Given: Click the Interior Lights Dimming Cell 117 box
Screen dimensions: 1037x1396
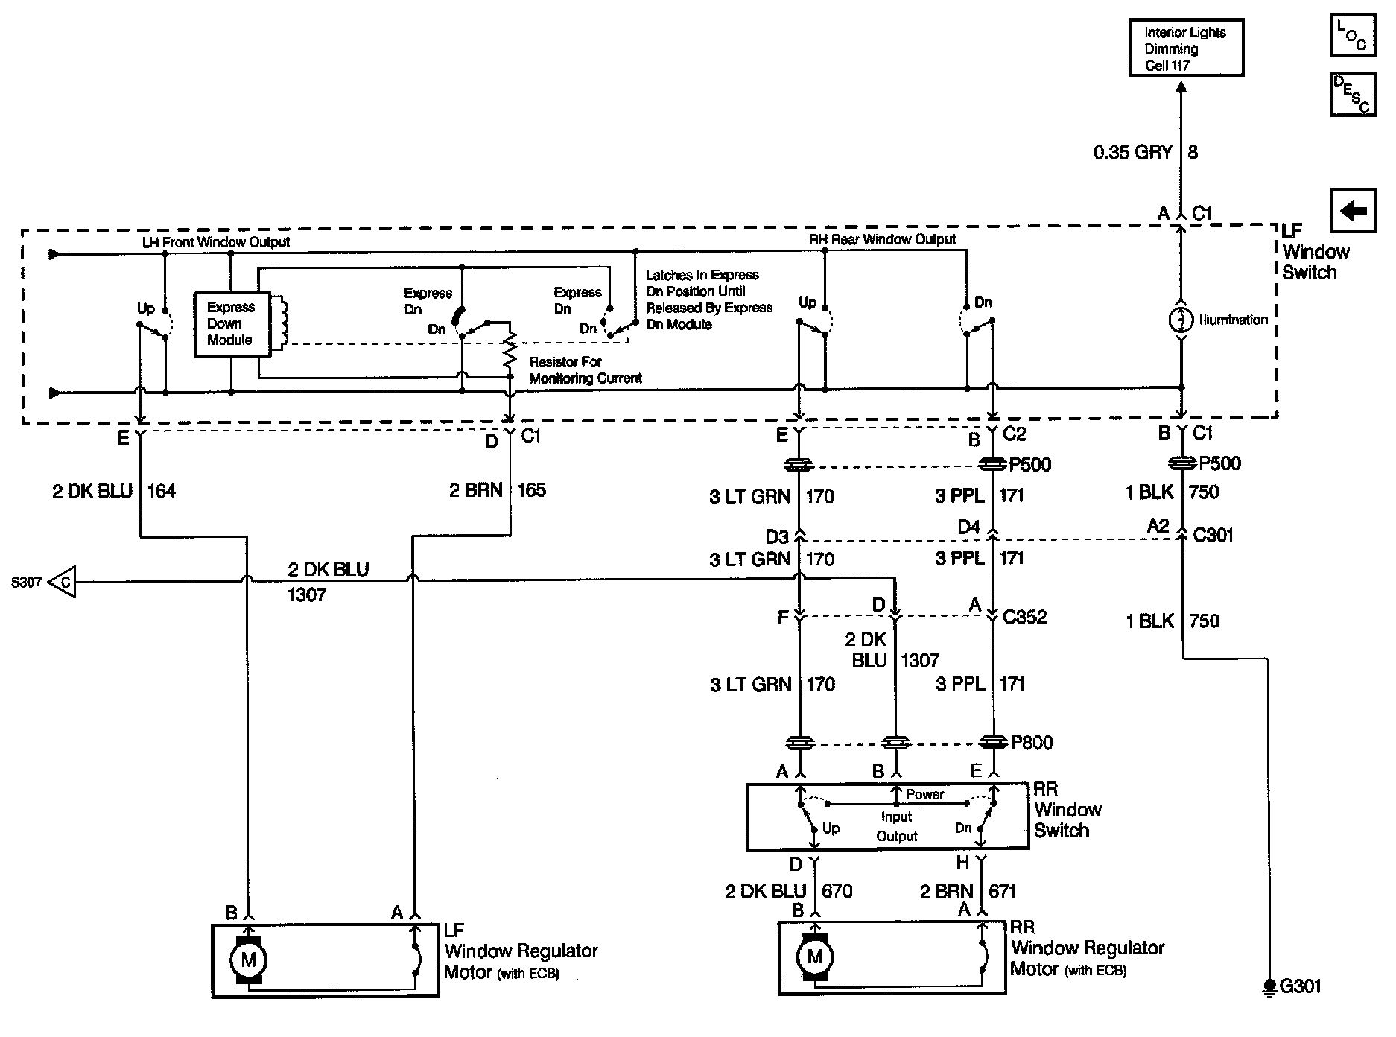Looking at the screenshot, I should click(1185, 48).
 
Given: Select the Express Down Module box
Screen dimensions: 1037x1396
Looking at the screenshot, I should click(231, 324).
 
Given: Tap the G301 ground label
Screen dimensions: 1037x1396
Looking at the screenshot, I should click(1300, 986).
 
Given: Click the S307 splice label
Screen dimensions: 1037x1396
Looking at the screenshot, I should click(26, 582).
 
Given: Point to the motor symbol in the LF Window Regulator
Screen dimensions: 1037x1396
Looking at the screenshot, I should click(248, 960).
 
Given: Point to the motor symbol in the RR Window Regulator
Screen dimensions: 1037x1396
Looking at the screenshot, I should click(814, 957).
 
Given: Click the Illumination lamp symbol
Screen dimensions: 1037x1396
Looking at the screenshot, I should click(1181, 320).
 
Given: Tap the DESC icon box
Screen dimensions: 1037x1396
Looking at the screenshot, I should click(1353, 95).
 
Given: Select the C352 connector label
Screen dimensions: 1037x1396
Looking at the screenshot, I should click(1024, 617).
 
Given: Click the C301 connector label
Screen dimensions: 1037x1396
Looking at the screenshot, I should click(1213, 534).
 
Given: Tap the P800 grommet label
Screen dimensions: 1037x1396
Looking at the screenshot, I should click(1032, 742).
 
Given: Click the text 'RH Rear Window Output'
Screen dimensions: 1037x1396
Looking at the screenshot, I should click(882, 239).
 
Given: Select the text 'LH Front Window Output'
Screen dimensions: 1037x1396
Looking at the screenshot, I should click(216, 242).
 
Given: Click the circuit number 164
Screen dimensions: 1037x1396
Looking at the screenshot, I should click(162, 491).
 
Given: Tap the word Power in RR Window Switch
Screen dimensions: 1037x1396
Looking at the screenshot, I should click(925, 795).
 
